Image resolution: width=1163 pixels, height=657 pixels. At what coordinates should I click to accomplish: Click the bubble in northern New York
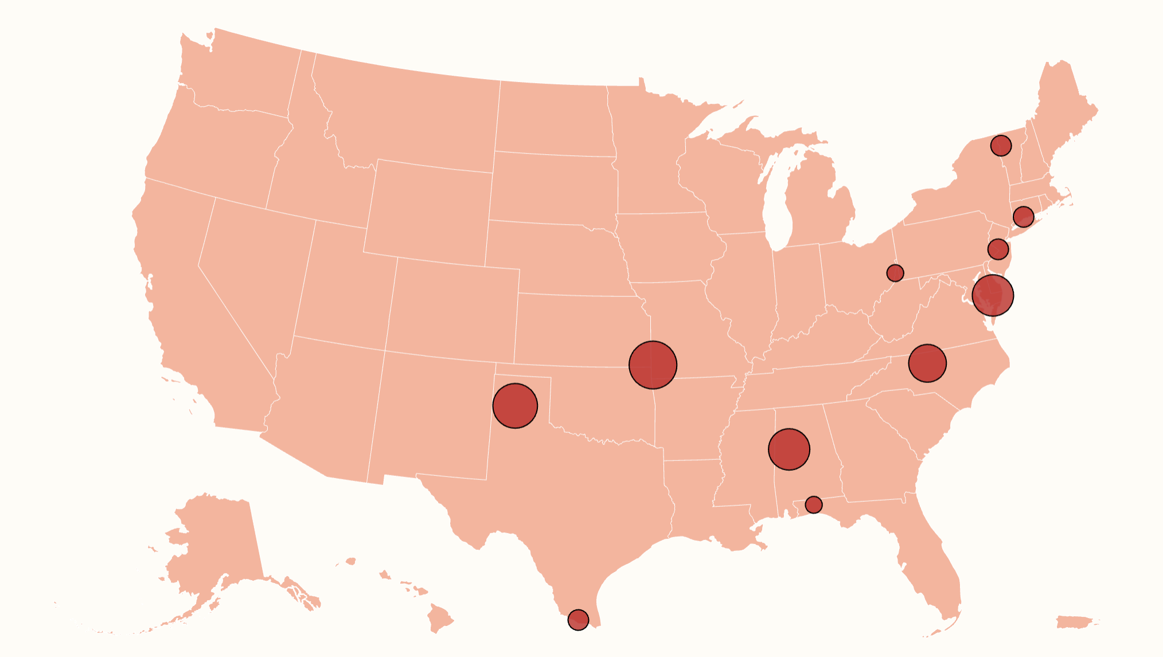[x=1001, y=146]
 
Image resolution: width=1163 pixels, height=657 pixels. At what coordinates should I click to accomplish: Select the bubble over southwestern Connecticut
[x=1023, y=217]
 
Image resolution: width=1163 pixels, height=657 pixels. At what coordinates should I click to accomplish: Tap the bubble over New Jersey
[x=998, y=249]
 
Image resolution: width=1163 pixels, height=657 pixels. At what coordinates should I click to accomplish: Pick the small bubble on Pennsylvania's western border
[x=895, y=273]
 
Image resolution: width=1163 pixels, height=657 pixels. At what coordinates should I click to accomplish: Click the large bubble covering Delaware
[x=993, y=295]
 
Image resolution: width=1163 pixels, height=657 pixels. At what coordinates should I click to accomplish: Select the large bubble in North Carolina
[x=927, y=363]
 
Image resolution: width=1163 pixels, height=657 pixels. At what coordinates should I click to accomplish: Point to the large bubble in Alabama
[x=789, y=449]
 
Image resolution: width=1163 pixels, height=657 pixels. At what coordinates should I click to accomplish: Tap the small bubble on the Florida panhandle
[x=813, y=505]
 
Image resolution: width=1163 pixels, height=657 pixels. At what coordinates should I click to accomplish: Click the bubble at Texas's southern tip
[x=578, y=619]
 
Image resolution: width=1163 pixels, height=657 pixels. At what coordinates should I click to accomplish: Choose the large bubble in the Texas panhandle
[x=515, y=406]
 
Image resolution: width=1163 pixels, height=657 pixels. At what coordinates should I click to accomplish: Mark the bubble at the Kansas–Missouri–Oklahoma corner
[x=653, y=365]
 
